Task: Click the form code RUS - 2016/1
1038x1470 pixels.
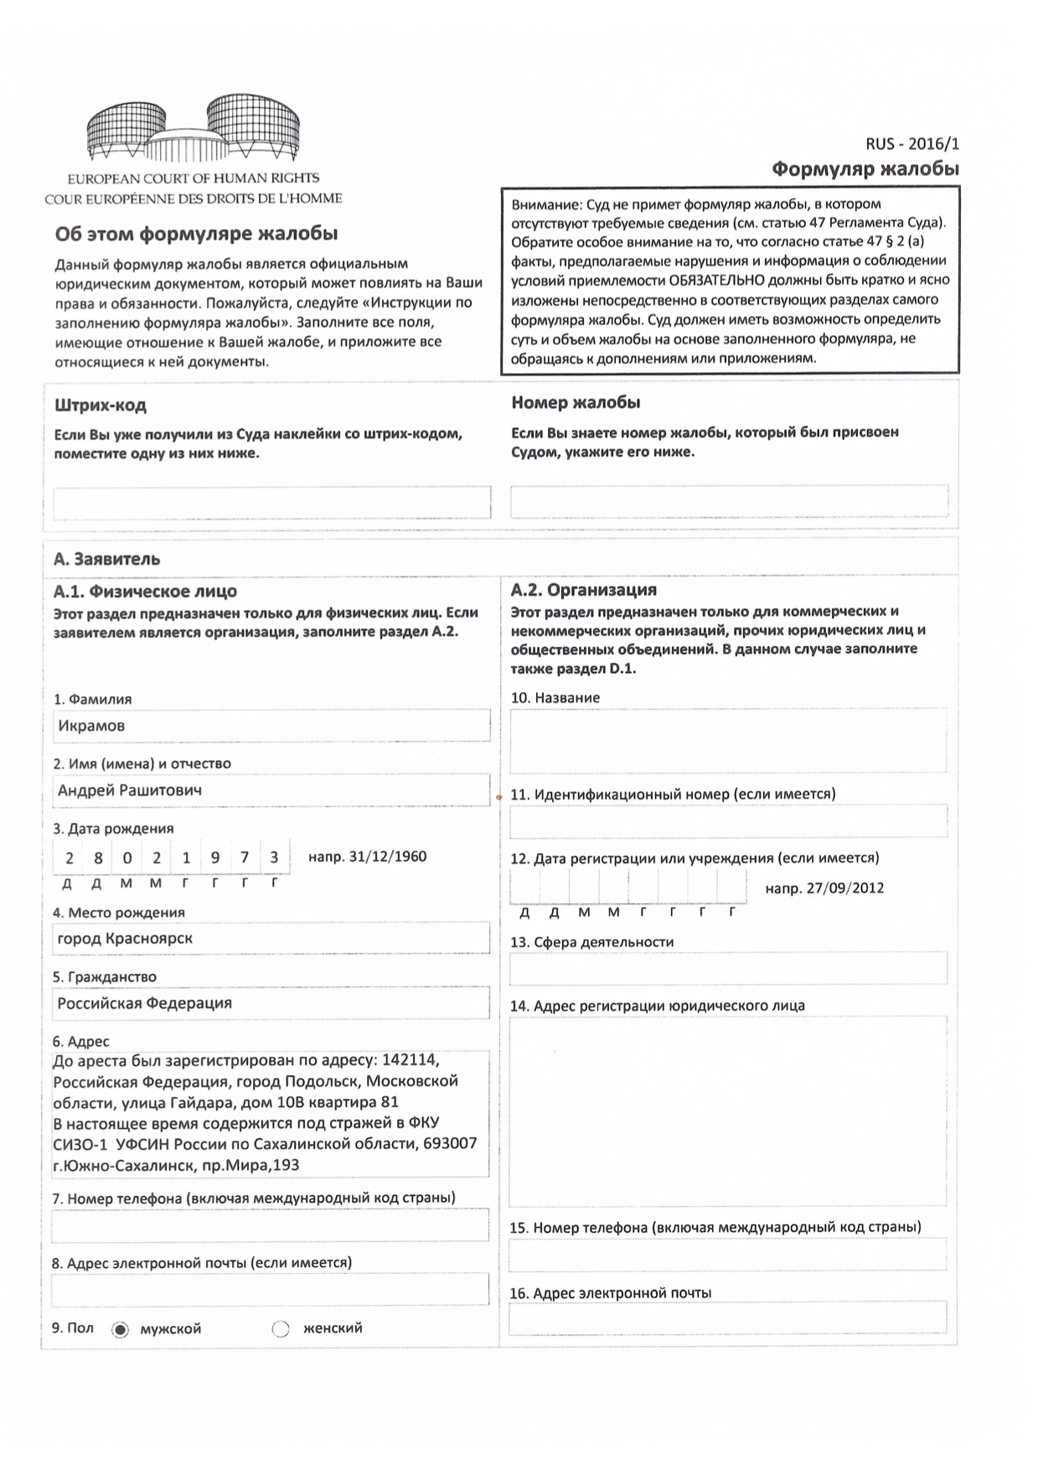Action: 911,144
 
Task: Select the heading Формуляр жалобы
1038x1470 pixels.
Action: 865,169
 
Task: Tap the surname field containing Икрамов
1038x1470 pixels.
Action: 271,726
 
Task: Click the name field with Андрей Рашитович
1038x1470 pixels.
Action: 271,790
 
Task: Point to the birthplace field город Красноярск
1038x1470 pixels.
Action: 271,939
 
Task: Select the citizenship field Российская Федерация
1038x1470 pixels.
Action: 271,1003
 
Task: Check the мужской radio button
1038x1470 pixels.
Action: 121,1329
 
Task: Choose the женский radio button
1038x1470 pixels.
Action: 281,1329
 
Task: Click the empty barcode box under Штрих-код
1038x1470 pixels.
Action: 271,502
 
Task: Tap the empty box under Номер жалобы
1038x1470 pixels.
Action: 729,501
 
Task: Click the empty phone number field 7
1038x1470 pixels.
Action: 270,1225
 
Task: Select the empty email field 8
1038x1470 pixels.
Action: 270,1290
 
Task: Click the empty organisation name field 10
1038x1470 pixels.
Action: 728,741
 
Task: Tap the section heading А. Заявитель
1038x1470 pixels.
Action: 106,559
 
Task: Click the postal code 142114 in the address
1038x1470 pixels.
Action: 410,1060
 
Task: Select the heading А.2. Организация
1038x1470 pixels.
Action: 583,590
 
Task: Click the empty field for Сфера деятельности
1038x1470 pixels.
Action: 728,968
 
